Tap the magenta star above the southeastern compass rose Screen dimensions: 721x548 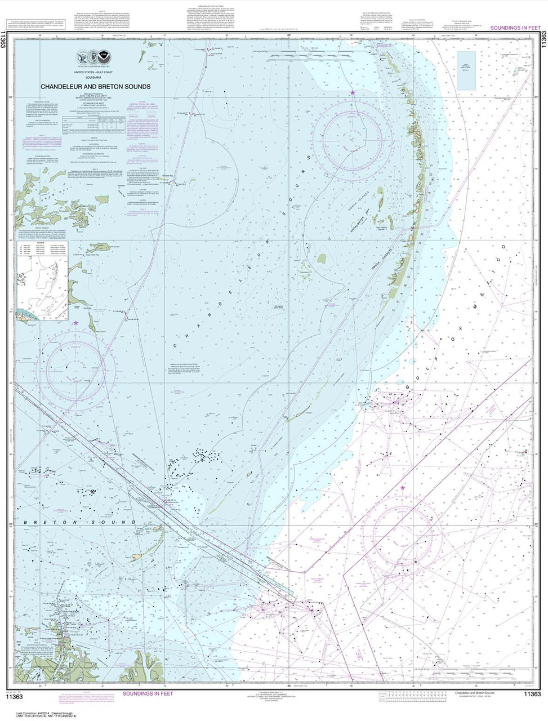(x=403, y=487)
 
